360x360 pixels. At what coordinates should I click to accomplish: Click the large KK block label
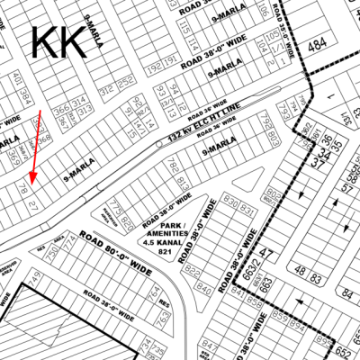click(x=59, y=42)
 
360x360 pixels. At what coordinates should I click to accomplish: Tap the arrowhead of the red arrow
click(x=30, y=184)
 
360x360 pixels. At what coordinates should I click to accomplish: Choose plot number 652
click(x=345, y=352)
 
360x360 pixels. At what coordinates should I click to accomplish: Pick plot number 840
click(x=205, y=290)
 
